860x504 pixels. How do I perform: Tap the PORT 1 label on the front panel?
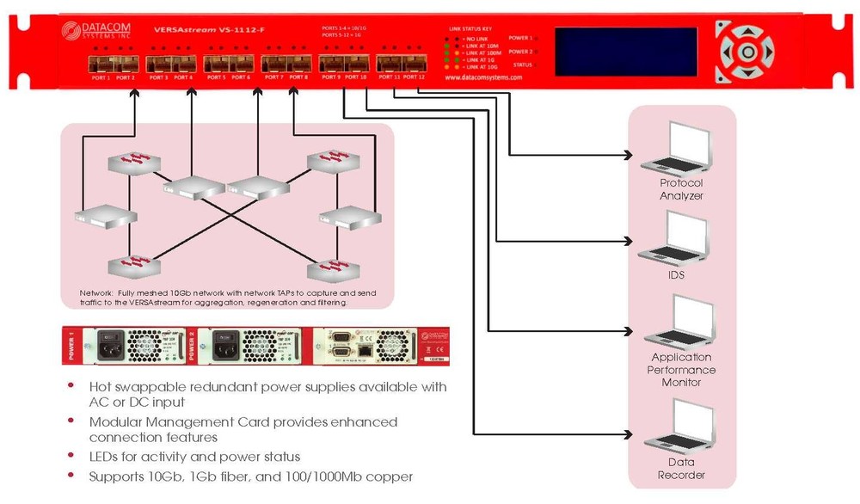pos(101,77)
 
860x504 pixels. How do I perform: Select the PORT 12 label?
pos(415,77)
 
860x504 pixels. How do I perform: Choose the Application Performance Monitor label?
pos(681,370)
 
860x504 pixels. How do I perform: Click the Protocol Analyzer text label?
pos(681,189)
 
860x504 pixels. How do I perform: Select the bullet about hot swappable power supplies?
pos(267,395)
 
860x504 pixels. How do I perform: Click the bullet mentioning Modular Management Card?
pos(243,429)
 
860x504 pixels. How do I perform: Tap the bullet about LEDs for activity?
pos(194,457)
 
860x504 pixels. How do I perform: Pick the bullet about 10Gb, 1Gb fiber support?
pos(251,476)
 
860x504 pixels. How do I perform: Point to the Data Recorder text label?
pos(681,469)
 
